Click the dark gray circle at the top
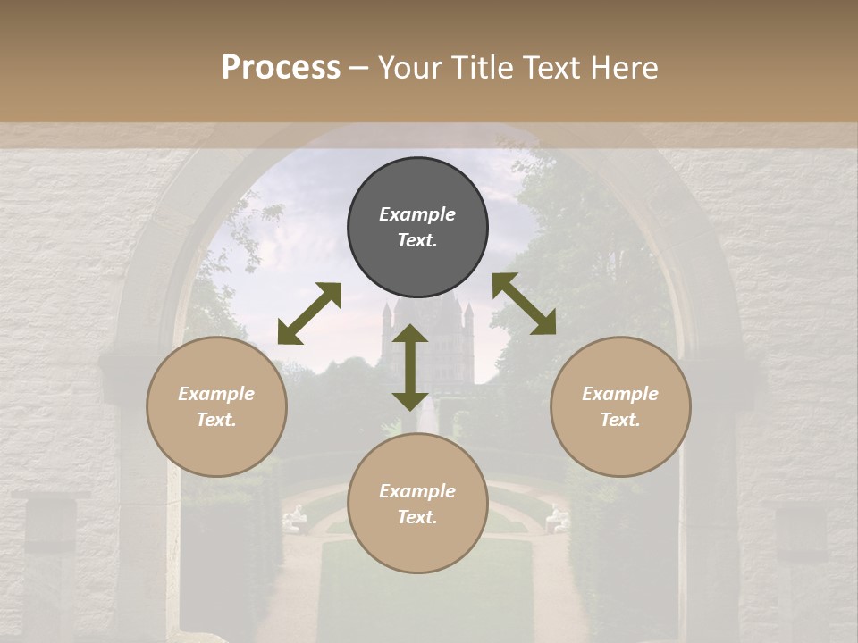[417, 228]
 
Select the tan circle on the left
[216, 406]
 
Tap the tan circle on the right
[620, 406]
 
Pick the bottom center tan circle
[417, 504]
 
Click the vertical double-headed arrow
[410, 367]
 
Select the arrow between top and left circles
[309, 313]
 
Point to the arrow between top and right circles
[524, 304]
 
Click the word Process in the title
[281, 68]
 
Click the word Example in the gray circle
[417, 214]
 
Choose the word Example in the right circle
[620, 394]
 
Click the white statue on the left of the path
[294, 518]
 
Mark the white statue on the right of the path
[558, 518]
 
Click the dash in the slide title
[359, 68]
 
